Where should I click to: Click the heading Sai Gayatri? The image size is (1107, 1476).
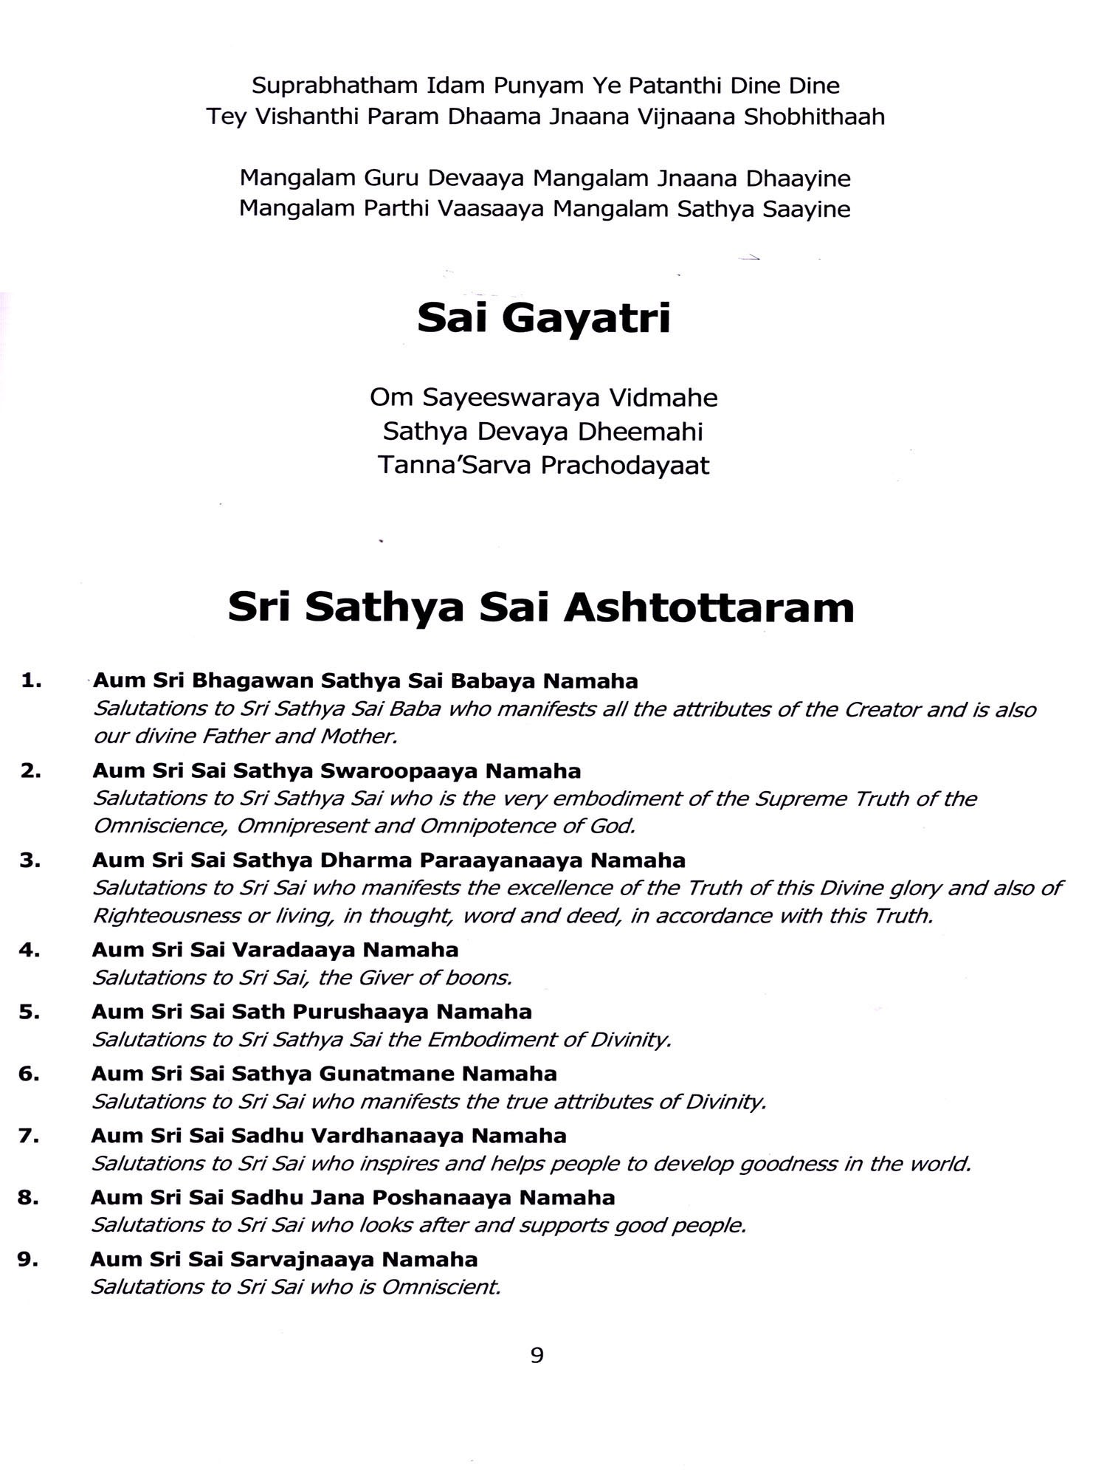(544, 318)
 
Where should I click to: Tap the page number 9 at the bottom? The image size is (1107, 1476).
(537, 1354)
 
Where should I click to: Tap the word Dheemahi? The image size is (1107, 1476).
(641, 432)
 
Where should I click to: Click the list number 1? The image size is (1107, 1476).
(31, 680)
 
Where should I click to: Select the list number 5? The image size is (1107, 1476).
(30, 1011)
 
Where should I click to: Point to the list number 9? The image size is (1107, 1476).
(28, 1259)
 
